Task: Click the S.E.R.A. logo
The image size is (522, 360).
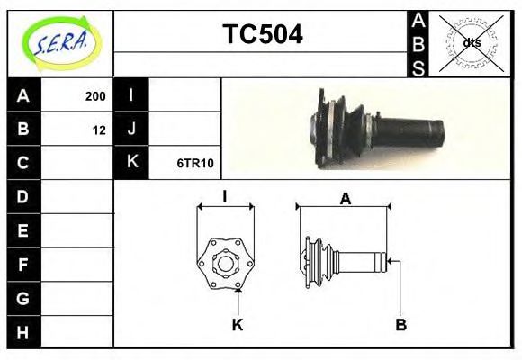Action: (61, 43)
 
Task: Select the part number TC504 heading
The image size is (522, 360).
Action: (263, 34)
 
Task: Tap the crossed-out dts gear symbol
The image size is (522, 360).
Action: (471, 43)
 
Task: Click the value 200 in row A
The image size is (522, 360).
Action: (95, 96)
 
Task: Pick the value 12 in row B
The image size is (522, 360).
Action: (99, 130)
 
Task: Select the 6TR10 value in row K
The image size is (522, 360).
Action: (195, 163)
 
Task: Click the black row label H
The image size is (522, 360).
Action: (23, 332)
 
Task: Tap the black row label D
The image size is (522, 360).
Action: (23, 196)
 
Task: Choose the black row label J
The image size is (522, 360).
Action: (131, 129)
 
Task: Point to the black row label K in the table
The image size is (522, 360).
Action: (131, 162)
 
